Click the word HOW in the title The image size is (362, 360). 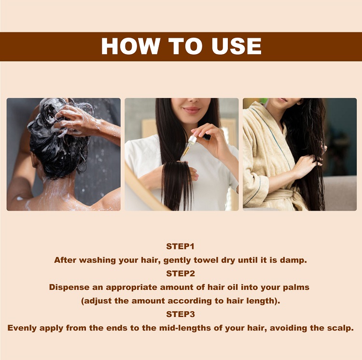tap(130, 46)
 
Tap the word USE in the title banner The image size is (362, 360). tap(237, 46)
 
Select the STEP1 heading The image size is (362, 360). tap(181, 246)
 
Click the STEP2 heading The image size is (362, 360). tap(181, 274)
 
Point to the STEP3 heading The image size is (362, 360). tap(181, 314)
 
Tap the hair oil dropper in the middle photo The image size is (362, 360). tap(190, 144)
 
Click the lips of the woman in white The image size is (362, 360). tap(192, 110)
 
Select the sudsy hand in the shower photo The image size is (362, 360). tap(72, 121)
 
